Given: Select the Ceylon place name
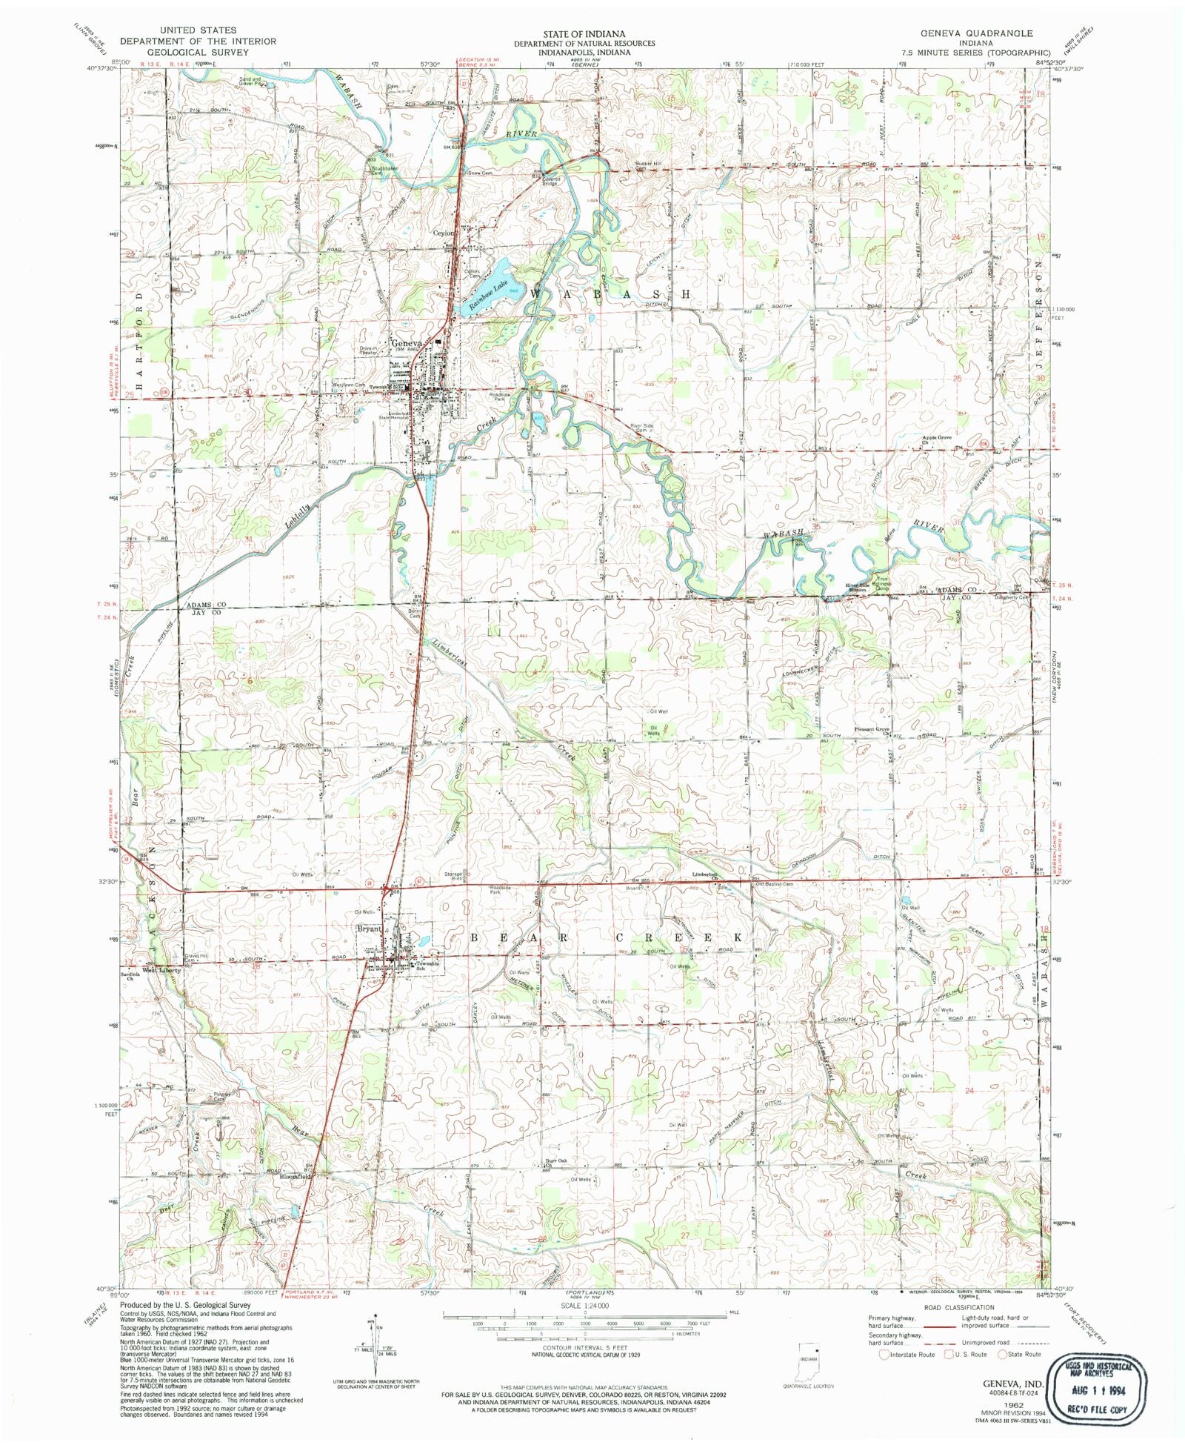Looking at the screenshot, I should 443,233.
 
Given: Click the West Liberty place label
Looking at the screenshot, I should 161,970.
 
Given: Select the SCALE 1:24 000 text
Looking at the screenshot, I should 584,1305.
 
